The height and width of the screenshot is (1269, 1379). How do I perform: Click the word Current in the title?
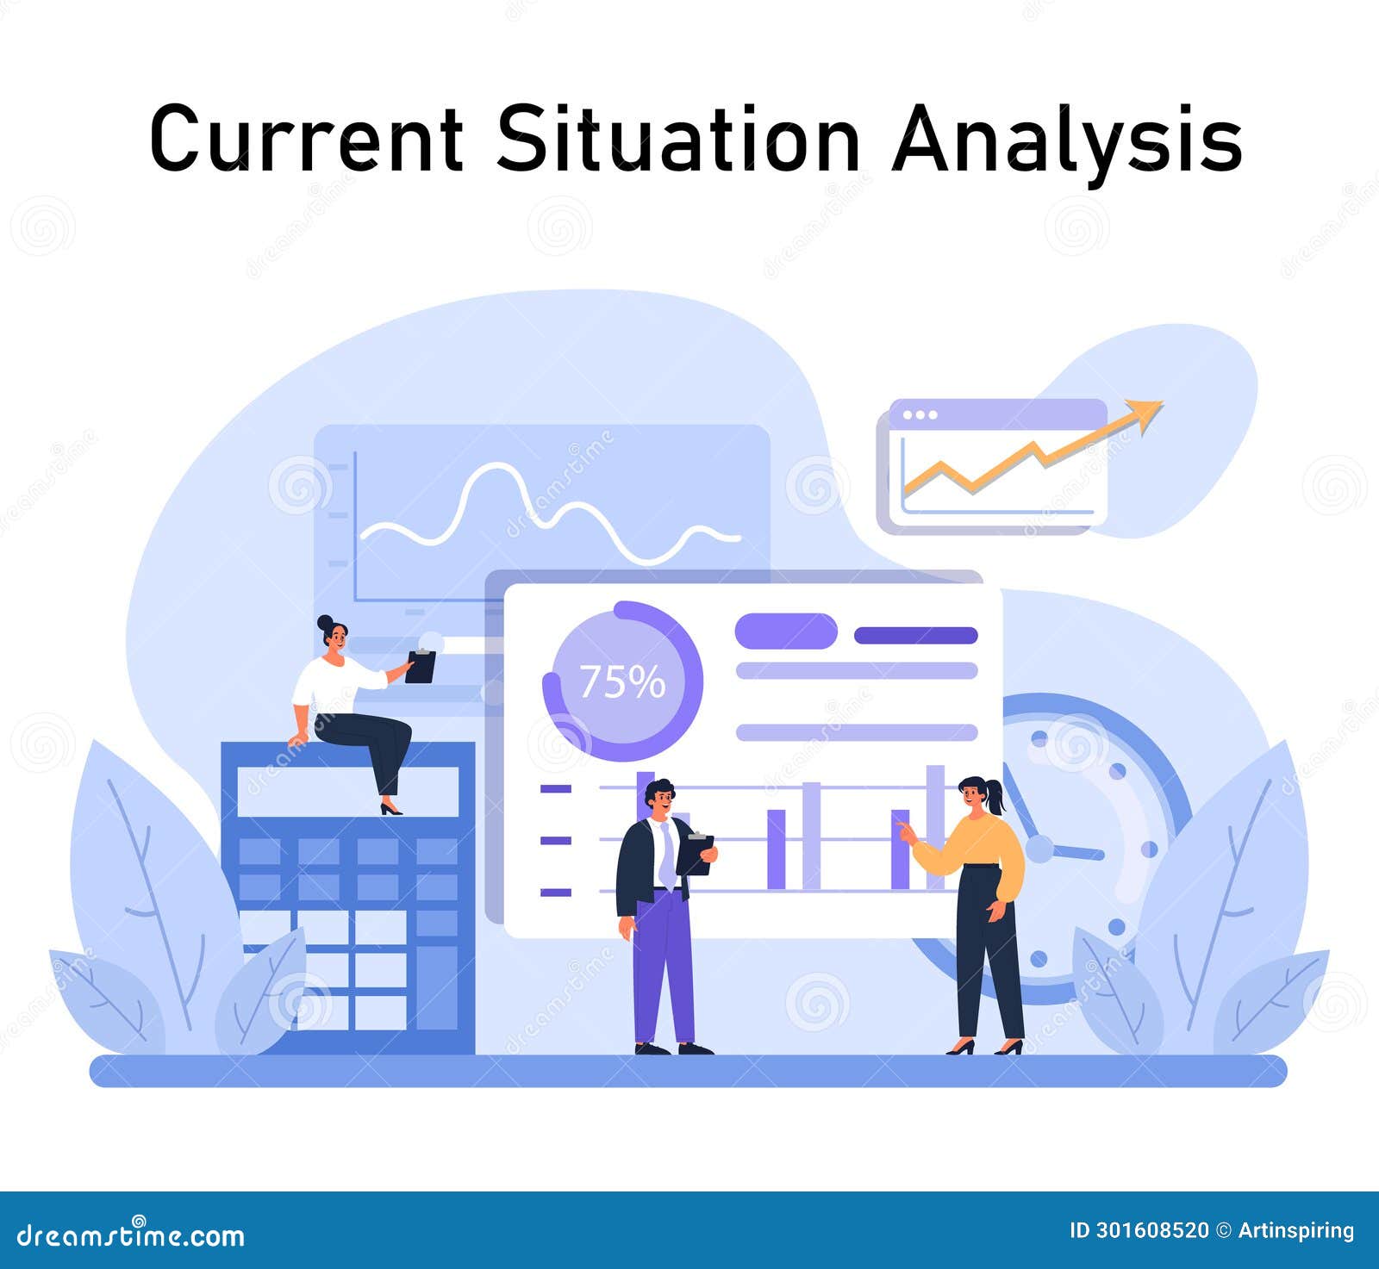pos(306,138)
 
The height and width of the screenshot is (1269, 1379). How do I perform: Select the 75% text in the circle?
pos(622,681)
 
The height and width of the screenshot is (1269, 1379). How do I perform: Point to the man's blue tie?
pos(667,857)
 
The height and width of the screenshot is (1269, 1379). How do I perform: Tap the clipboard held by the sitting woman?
pos(421,666)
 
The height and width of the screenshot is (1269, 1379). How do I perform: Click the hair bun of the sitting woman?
pos(324,622)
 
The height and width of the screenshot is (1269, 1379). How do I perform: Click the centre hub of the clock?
pos(1039,849)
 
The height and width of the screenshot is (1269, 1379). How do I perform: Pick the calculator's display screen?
pos(348,791)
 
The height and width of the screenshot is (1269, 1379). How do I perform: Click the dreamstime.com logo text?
pos(130,1235)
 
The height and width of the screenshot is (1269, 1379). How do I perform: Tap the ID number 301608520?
pos(1139,1230)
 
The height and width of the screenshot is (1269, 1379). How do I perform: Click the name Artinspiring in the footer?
pos(1296,1230)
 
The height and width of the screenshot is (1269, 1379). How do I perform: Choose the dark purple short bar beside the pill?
pos(915,636)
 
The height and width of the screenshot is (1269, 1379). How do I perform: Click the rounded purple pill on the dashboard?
pos(785,631)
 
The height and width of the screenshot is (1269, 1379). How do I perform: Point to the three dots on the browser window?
pos(920,414)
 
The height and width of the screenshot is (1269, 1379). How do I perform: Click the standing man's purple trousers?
pos(663,965)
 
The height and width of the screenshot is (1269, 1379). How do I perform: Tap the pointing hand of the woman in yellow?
pos(906,830)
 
